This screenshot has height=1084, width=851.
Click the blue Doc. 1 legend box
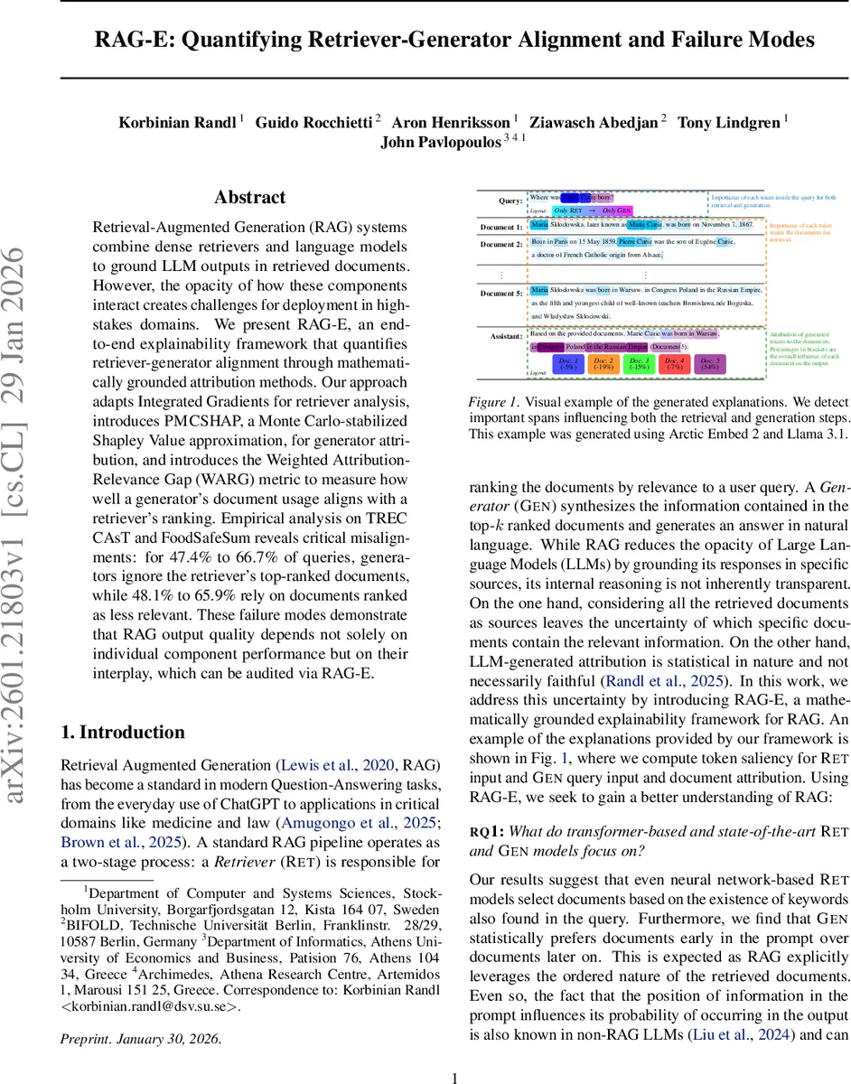coord(568,364)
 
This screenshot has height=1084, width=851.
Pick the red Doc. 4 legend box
coord(674,364)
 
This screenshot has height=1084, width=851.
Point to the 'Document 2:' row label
coord(500,244)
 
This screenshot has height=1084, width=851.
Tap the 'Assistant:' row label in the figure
coord(505,336)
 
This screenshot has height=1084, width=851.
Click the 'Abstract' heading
coord(250,198)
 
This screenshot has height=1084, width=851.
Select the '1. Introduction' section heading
coord(122,732)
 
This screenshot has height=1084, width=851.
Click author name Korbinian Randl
coord(178,122)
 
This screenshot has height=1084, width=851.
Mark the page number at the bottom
coord(455,1077)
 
